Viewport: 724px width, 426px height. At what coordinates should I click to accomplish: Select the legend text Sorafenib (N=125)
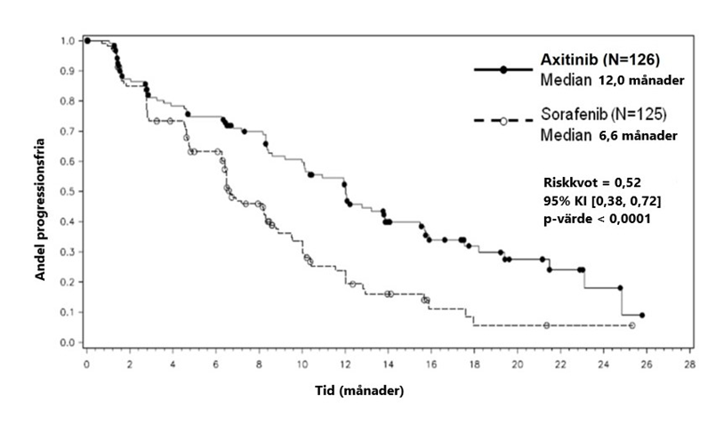tap(604, 116)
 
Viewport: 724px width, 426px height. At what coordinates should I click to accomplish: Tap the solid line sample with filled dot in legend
tap(503, 69)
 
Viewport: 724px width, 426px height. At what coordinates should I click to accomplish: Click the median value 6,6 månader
tap(634, 136)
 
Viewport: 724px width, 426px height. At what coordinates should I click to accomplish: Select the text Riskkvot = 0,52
tap(592, 181)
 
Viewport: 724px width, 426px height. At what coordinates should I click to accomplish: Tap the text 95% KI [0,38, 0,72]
tap(601, 201)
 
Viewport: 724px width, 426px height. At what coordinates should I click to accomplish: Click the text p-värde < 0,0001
tap(597, 220)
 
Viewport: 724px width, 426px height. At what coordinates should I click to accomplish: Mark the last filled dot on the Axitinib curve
tap(641, 315)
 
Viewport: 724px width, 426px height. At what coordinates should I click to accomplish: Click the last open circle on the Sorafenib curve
tap(631, 326)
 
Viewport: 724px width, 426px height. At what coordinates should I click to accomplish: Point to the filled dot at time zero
tap(86, 41)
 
